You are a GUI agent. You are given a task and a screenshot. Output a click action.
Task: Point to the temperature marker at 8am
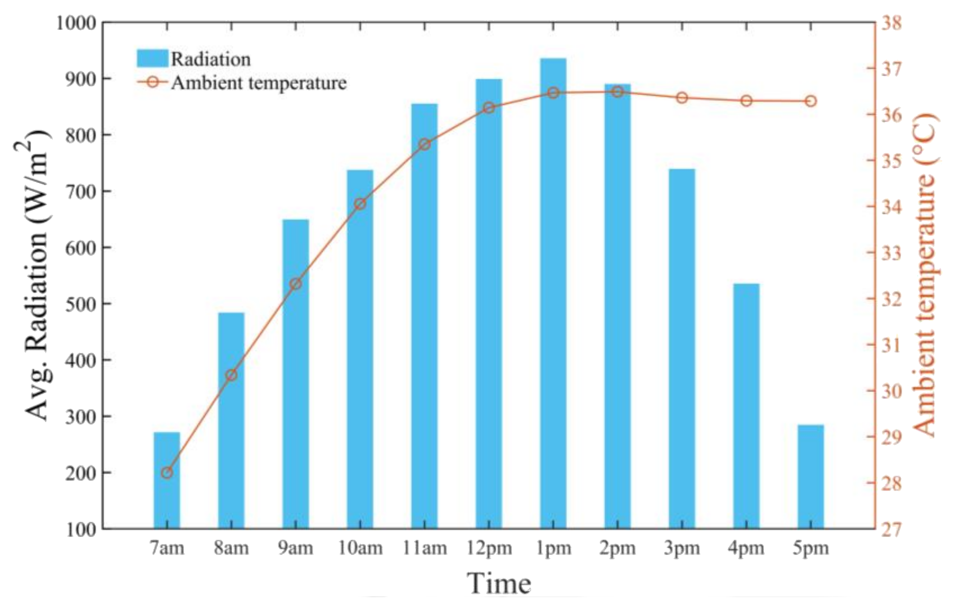click(231, 375)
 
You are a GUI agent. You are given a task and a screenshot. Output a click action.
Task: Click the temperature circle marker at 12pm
click(489, 107)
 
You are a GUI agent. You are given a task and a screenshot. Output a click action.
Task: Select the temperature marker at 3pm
click(682, 98)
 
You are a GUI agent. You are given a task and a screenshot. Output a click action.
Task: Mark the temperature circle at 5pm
click(811, 101)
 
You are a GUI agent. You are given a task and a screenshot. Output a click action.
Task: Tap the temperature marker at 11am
click(425, 144)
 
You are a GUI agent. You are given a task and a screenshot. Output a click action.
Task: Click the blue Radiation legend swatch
click(152, 58)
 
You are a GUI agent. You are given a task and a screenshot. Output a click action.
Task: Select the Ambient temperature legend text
click(259, 83)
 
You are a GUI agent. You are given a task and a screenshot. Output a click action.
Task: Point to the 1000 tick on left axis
click(76, 23)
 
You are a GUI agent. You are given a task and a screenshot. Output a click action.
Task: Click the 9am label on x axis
click(296, 548)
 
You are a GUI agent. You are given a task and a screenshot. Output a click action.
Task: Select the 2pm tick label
click(618, 548)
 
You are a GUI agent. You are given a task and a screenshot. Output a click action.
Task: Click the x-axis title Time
click(499, 584)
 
